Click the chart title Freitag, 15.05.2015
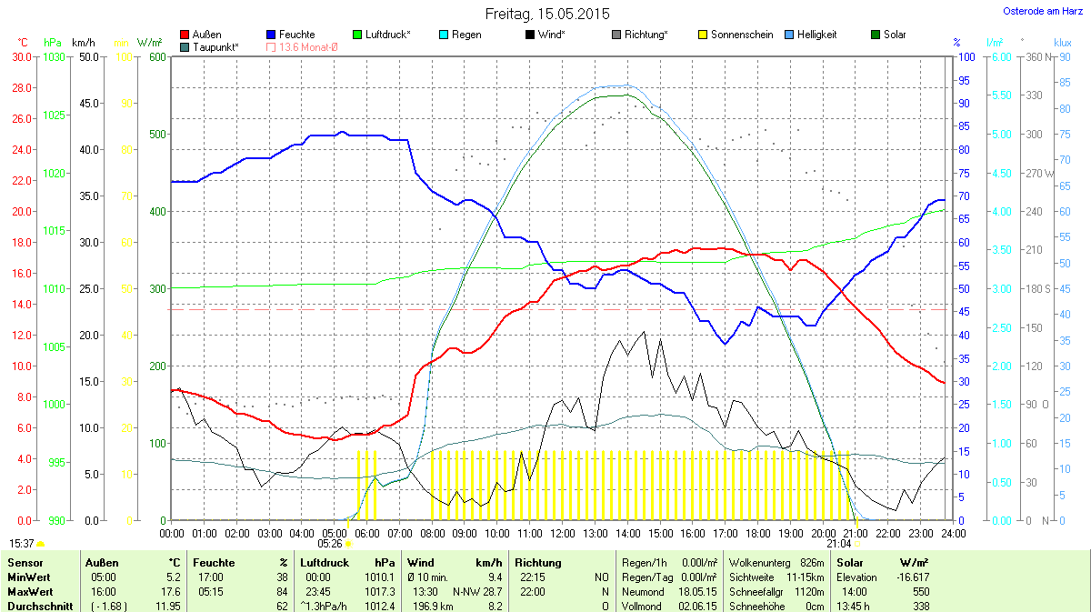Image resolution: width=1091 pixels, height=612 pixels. (x=547, y=14)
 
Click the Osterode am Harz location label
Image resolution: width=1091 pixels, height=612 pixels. (x=1036, y=11)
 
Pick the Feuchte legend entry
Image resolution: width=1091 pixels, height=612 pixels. (x=291, y=35)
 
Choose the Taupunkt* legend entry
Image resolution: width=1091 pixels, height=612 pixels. (x=210, y=46)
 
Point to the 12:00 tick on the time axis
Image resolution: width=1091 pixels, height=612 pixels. (x=562, y=532)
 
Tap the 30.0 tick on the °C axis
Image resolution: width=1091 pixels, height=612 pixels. (x=20, y=56)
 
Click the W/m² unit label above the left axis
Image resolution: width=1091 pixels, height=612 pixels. (x=150, y=43)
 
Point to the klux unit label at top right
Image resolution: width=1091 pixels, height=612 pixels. (x=1062, y=43)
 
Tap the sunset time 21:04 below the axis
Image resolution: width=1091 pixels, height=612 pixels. (x=839, y=544)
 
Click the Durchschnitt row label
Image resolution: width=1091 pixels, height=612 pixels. (x=41, y=607)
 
